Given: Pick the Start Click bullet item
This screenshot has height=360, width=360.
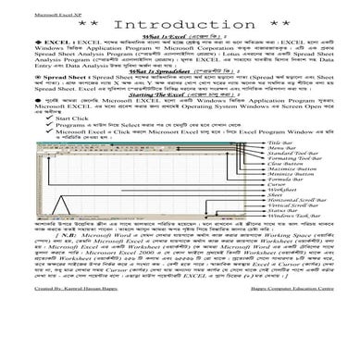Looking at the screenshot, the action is pyautogui.click(x=56, y=119).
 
